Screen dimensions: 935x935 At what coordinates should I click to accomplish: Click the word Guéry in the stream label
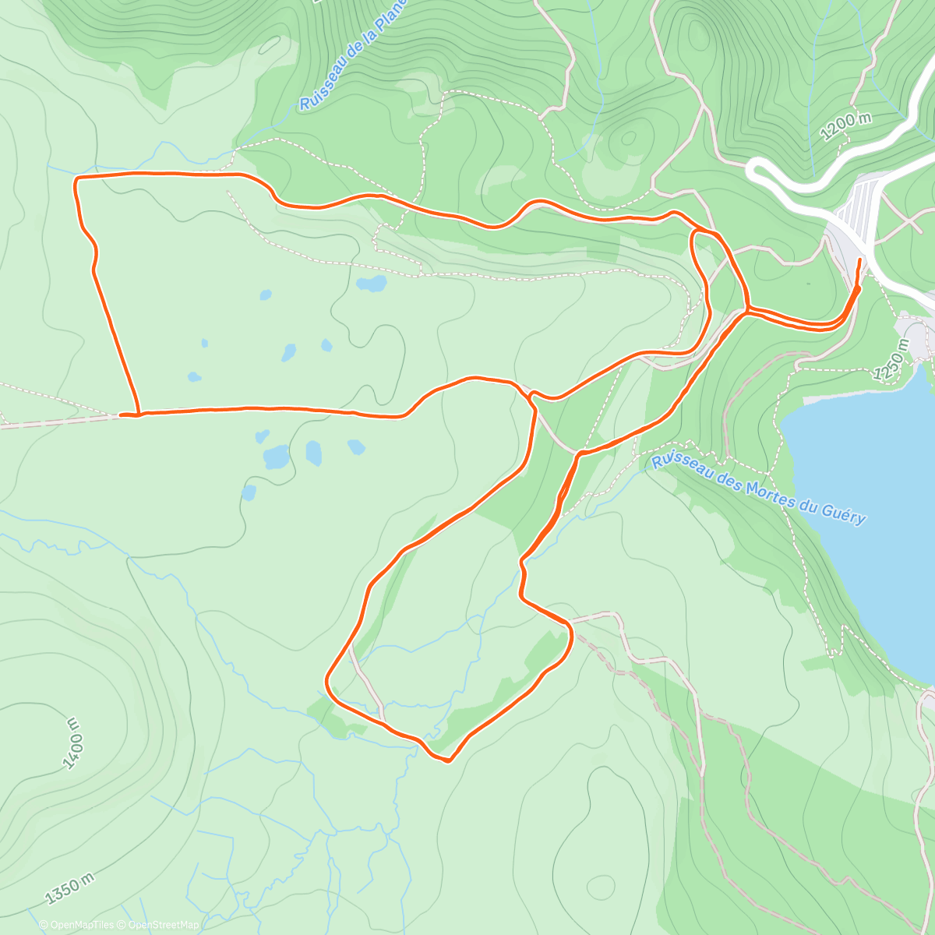point(844,514)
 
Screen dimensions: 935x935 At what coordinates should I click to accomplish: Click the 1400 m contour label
point(76,744)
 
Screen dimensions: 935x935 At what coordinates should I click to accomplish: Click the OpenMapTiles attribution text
point(82,925)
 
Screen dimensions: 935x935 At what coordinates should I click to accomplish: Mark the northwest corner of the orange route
point(76,179)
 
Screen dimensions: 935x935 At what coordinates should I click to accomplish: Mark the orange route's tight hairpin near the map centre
point(531,398)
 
